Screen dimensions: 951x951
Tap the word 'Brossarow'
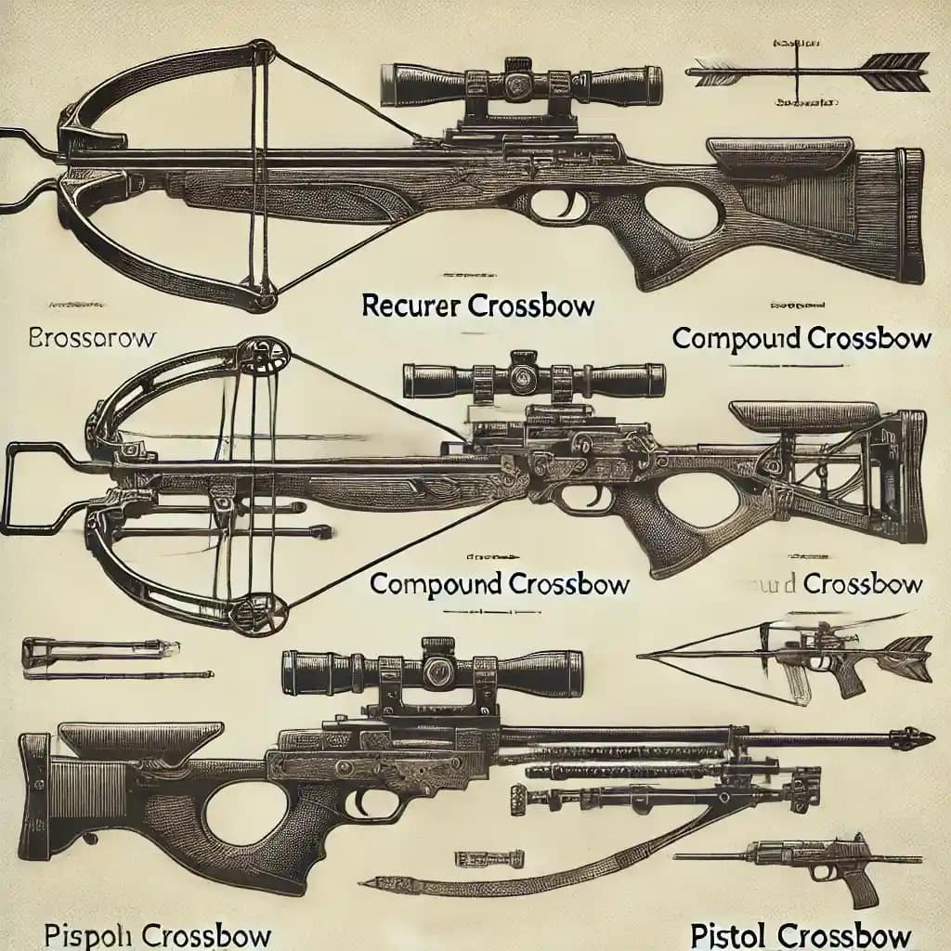click(x=93, y=338)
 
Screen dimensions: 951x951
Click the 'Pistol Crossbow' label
click(x=801, y=931)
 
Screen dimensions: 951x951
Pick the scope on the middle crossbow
click(x=533, y=380)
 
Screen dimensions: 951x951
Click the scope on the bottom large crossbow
click(x=433, y=669)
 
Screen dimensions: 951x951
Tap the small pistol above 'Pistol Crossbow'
click(x=817, y=864)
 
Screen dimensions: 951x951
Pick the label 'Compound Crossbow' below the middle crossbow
click(x=500, y=584)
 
